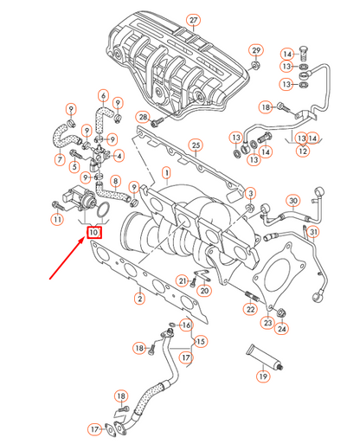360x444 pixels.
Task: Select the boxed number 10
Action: [x=93, y=231]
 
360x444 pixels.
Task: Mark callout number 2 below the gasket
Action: [x=138, y=299]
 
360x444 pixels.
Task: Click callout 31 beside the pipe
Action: [x=314, y=232]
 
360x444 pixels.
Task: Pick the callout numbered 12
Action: [x=302, y=151]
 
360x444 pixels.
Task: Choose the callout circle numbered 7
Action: [x=60, y=159]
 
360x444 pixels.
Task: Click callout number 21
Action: [x=182, y=280]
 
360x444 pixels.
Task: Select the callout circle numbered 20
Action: [x=202, y=292]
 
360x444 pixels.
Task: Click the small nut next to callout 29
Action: [x=256, y=66]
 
